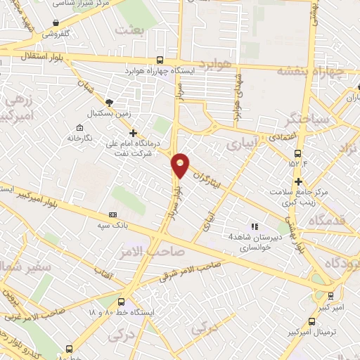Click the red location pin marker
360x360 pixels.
[x=181, y=165]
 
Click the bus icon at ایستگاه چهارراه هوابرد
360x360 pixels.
[x=160, y=60]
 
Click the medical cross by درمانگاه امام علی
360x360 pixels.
[x=133, y=132]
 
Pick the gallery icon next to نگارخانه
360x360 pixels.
[x=79, y=127]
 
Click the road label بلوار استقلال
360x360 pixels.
[x=25, y=55]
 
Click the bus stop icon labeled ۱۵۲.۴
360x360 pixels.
[x=298, y=153]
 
